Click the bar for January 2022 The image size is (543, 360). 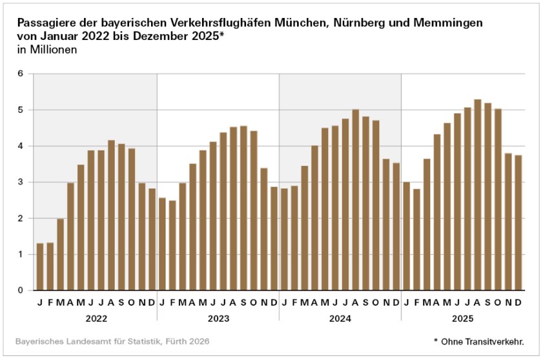point(40,266)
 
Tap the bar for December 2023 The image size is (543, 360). point(274,239)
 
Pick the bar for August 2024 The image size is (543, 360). point(355,200)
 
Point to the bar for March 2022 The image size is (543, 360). point(60,254)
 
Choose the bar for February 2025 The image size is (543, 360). point(416,239)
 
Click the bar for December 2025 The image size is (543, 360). point(518,223)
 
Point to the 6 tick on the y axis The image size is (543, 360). point(20,74)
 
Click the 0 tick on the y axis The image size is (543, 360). point(20,290)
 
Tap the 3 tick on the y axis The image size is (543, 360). point(20,182)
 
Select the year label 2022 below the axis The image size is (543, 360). point(96,319)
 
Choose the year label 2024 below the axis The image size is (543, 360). point(340,319)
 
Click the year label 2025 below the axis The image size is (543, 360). point(462,319)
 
